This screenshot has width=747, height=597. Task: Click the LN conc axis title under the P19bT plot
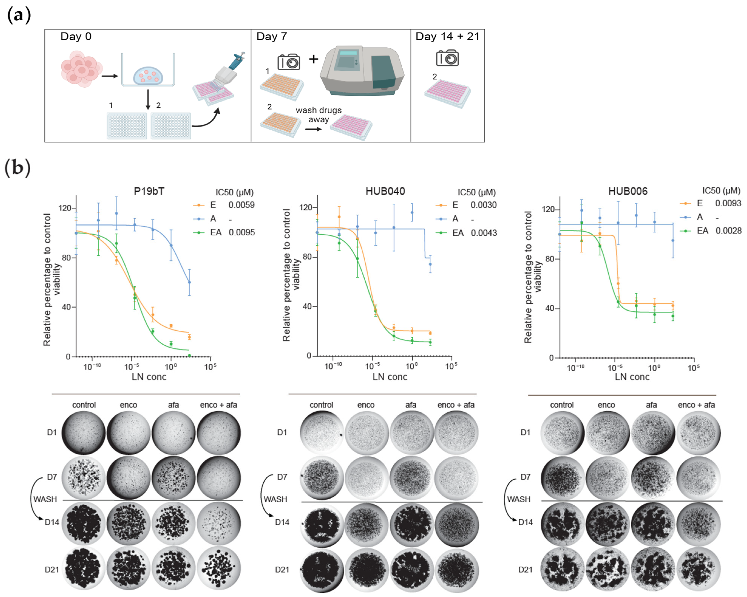[149, 377]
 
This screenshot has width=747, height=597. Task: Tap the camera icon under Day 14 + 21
[447, 58]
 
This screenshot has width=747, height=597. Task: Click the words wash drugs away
[318, 115]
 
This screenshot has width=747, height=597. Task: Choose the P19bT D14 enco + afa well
[219, 522]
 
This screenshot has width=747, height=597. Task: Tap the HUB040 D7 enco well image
[366, 477]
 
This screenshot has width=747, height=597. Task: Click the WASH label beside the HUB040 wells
[275, 499]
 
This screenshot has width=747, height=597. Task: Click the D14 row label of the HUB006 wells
[525, 522]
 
